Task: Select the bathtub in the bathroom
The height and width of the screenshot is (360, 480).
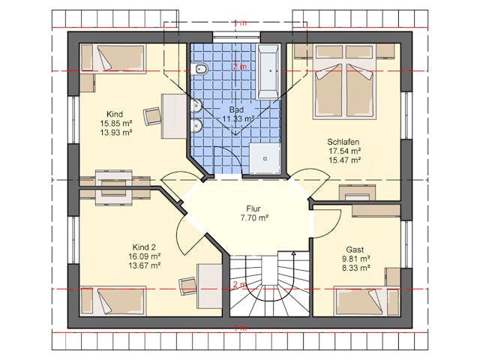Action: click(269, 72)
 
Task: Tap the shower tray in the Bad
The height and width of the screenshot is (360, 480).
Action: click(265, 158)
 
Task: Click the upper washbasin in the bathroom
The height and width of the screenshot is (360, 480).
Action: click(196, 105)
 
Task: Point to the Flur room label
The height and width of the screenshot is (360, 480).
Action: click(253, 208)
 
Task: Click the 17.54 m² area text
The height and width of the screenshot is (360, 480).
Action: click(344, 151)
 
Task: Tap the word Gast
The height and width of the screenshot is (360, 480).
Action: click(355, 250)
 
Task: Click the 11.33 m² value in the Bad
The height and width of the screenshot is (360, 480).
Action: click(238, 118)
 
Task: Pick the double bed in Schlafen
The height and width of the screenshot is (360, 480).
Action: click(345, 82)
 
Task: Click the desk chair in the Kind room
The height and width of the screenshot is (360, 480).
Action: click(152, 115)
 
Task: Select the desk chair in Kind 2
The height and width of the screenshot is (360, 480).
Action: click(187, 286)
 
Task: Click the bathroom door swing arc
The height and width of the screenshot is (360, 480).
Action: click(232, 157)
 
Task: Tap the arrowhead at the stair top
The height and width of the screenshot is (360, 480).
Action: click(293, 253)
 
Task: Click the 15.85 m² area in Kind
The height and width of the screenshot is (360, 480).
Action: click(115, 123)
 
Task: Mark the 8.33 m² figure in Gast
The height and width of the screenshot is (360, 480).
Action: click(355, 268)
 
